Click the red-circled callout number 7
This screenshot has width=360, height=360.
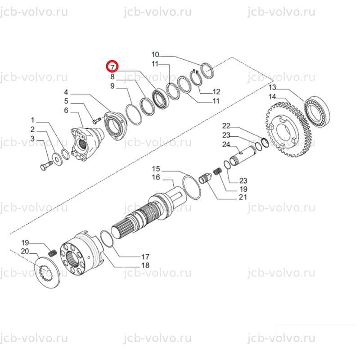(112, 67)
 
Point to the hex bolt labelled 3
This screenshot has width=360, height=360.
(46, 166)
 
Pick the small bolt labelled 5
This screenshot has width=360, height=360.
(97, 120)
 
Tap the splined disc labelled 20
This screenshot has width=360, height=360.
(47, 273)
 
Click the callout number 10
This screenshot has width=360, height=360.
(155, 54)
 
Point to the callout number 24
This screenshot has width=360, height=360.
(226, 144)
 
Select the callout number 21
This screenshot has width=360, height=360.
(243, 197)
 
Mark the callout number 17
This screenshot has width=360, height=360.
(145, 256)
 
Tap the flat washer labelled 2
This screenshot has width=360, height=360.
(57, 158)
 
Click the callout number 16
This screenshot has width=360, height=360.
(156, 177)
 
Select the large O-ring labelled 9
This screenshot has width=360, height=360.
(134, 115)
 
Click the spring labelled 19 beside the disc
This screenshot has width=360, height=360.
(53, 253)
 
